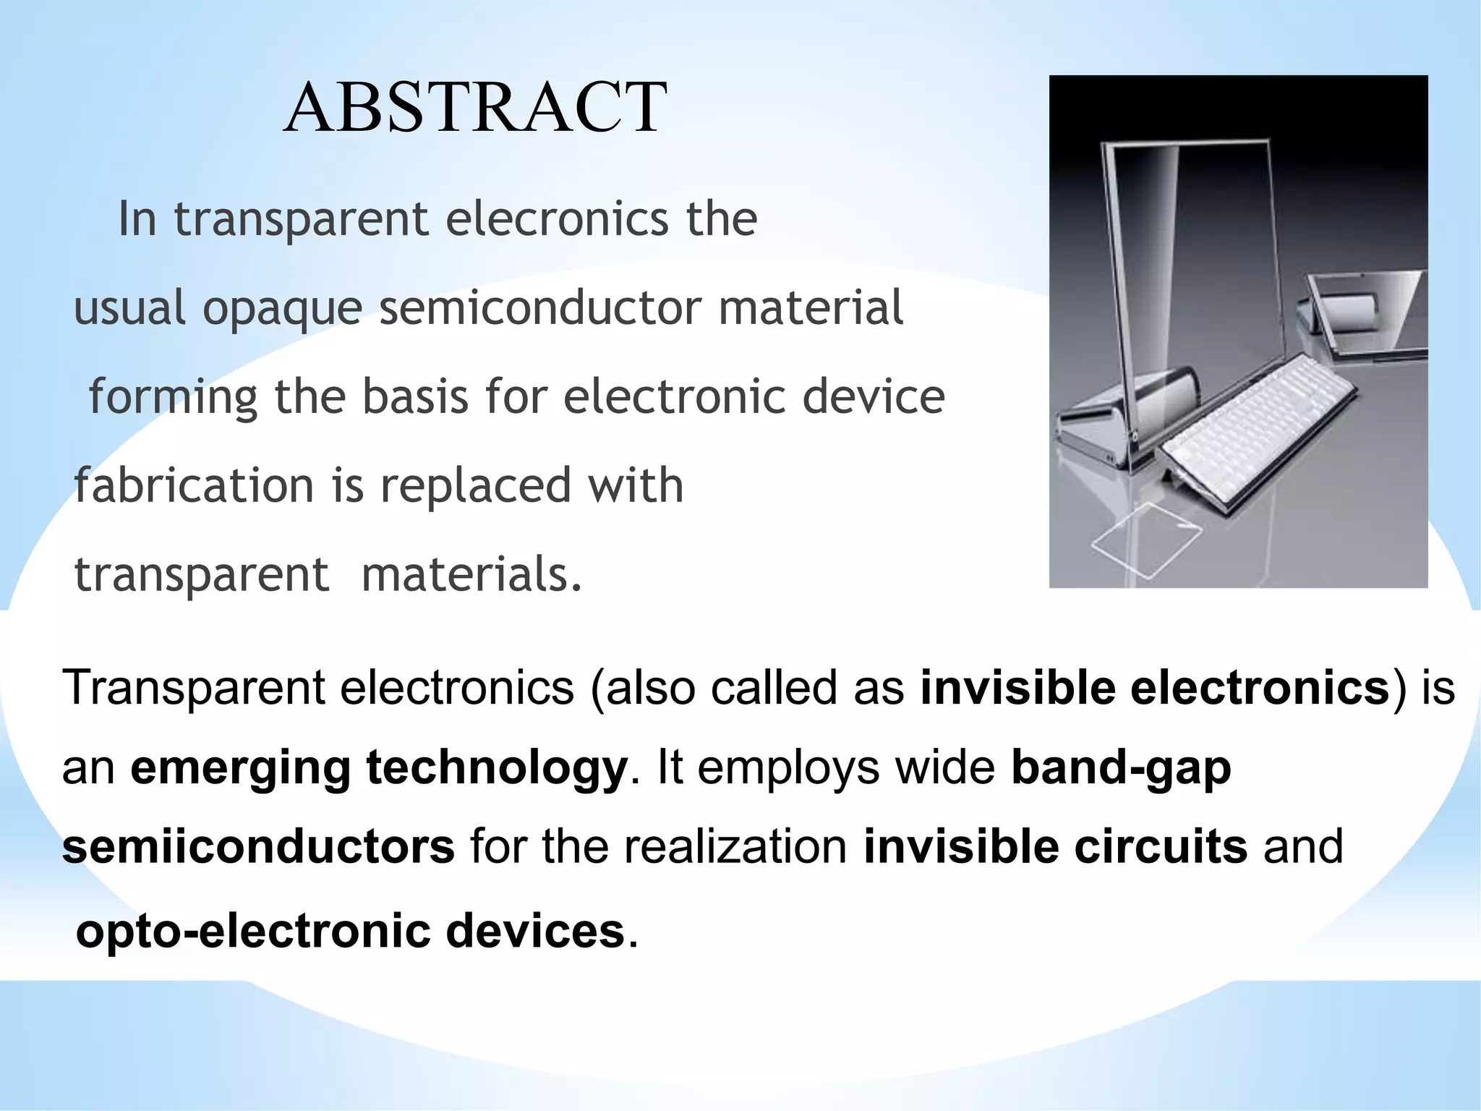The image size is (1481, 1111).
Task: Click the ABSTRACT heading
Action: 474,108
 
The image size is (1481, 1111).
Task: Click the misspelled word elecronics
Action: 557,218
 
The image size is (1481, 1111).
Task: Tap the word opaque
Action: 282,308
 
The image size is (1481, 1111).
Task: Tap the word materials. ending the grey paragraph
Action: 471,574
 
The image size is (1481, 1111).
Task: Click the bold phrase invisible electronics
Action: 1154,686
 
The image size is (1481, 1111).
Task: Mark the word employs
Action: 788,768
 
